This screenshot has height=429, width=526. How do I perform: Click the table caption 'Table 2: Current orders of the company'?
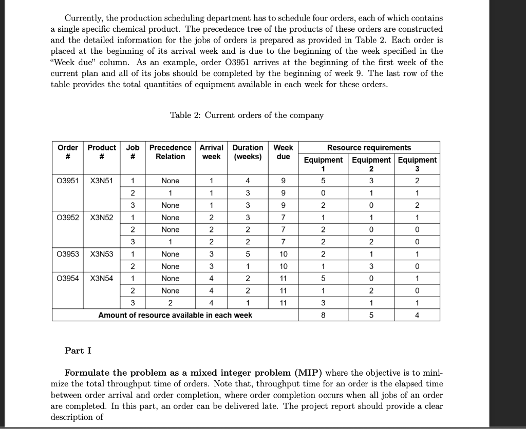(247, 115)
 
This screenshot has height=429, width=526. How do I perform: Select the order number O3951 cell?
(68, 181)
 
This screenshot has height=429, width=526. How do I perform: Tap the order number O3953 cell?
(68, 254)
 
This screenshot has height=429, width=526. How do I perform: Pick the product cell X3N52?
(102, 217)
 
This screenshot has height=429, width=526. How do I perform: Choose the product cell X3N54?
(102, 278)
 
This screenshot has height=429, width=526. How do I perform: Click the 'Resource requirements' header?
(369, 148)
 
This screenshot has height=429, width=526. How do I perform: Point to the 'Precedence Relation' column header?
(170, 152)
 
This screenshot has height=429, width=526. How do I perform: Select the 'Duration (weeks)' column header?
(248, 152)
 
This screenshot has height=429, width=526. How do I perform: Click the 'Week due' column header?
(283, 152)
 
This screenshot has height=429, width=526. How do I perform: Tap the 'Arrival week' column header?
(211, 152)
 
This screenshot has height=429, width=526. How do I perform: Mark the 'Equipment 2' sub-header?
(370, 164)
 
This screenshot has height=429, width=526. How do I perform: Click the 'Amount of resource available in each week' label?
(175, 315)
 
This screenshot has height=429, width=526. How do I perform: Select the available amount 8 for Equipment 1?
(323, 315)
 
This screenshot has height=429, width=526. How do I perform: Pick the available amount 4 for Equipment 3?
(417, 315)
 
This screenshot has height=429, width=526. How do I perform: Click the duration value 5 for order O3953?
(248, 254)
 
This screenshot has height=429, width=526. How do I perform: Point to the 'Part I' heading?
(74, 350)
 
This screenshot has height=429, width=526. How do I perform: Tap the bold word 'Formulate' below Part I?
(86, 373)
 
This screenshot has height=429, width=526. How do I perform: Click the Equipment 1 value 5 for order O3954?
(323, 278)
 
